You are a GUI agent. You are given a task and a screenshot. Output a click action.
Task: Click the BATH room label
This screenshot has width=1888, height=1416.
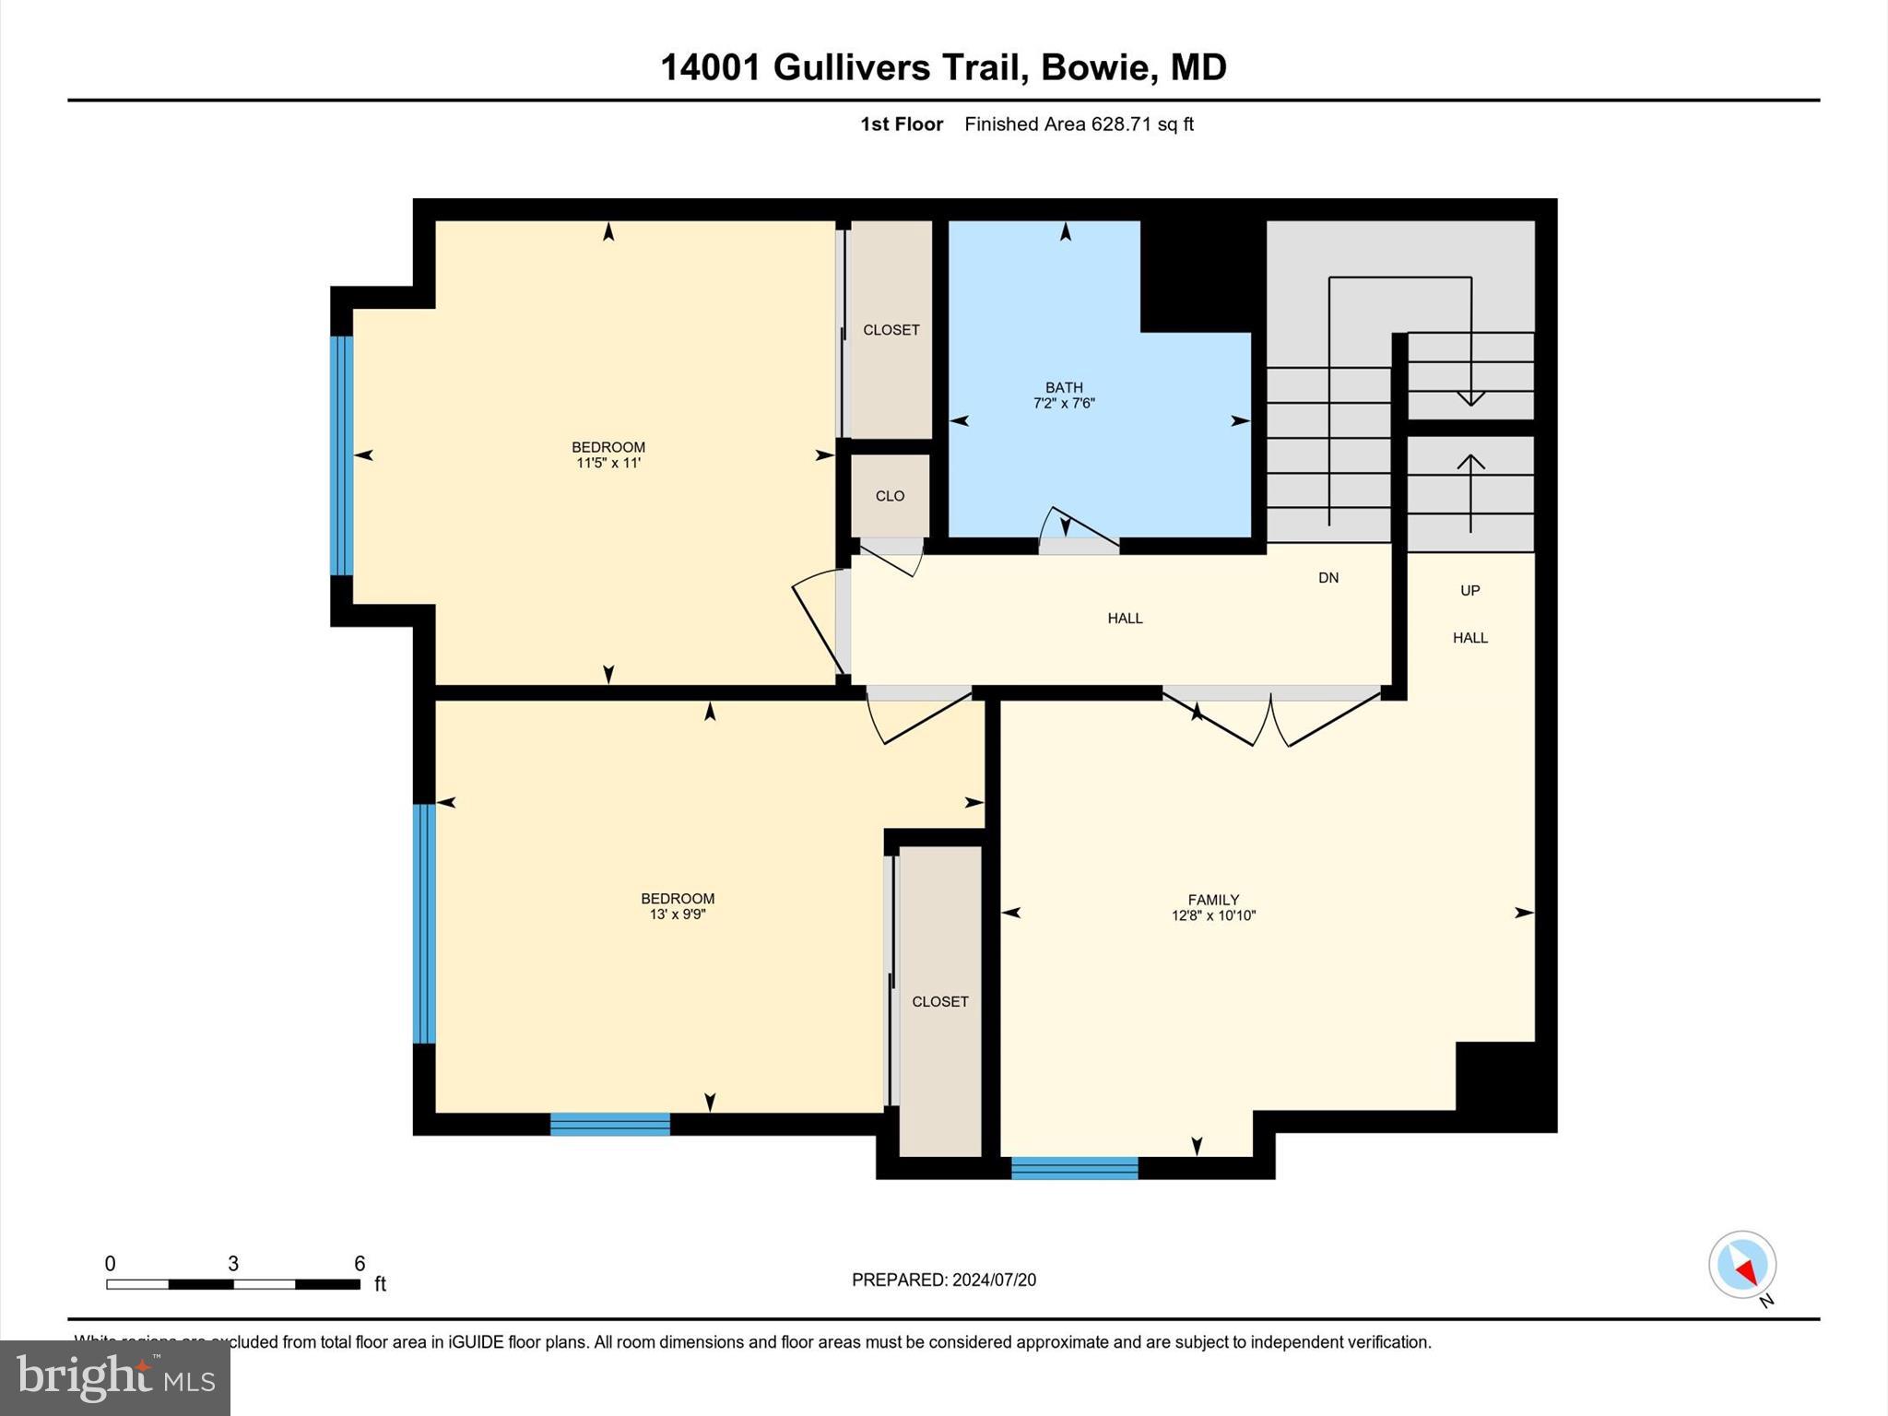click(1064, 387)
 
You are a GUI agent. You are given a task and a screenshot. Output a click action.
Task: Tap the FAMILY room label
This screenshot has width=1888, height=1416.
click(1213, 900)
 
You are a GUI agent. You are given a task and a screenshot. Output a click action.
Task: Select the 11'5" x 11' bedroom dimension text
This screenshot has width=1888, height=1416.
click(608, 463)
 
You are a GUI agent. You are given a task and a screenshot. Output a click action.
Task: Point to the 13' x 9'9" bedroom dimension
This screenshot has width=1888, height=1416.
click(678, 914)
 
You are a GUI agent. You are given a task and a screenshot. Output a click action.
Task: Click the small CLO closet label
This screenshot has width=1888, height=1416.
click(890, 496)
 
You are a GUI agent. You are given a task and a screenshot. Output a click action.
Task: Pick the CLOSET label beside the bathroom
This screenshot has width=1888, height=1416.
click(891, 330)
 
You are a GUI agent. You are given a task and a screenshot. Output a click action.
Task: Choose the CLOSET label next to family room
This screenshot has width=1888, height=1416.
click(939, 1001)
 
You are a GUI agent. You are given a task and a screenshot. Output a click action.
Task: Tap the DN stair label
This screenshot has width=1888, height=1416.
click(1327, 578)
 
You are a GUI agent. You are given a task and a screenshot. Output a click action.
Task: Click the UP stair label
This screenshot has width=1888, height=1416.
click(1469, 590)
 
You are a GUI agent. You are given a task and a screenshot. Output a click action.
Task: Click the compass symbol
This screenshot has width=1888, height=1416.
click(1742, 1266)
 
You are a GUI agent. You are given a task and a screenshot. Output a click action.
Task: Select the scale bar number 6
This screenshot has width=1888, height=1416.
click(360, 1263)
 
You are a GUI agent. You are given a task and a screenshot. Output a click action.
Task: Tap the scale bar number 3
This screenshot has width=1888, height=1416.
click(233, 1263)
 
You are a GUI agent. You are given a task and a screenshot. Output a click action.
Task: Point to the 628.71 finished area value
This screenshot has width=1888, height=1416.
click(1121, 124)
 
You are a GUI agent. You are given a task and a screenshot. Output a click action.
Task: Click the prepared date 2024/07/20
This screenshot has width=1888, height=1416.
click(994, 1280)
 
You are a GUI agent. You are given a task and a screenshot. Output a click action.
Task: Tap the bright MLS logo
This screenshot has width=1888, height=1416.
click(115, 1377)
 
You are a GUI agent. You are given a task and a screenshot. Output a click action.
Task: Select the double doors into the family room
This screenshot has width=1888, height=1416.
click(1270, 719)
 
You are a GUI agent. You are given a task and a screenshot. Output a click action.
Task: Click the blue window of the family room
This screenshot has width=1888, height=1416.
click(1074, 1168)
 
